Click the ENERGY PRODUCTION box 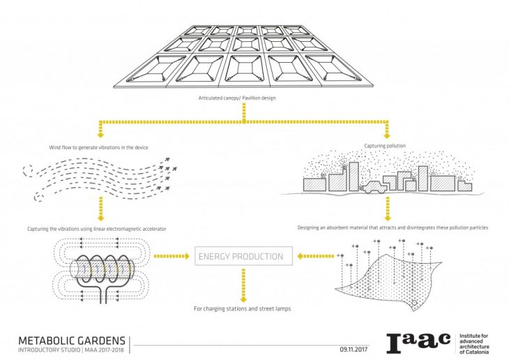click(241, 257)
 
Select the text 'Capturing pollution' click(385, 146)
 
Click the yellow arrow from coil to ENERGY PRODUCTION click(171, 257)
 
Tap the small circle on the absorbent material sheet click(413, 303)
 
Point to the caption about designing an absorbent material click(392, 228)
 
